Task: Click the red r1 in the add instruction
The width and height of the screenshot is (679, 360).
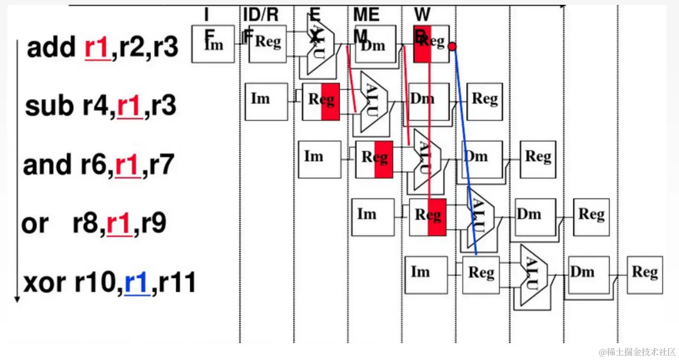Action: pyautogui.click(x=97, y=48)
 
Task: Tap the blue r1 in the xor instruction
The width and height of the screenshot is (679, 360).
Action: pyautogui.click(x=137, y=282)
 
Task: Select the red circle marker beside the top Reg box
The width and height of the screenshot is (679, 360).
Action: pyautogui.click(x=452, y=46)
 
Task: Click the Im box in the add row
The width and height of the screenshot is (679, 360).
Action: pyautogui.click(x=213, y=44)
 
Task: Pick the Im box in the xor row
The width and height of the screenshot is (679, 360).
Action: pyautogui.click(x=426, y=275)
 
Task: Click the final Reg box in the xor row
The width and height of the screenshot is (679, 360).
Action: pyautogui.click(x=645, y=275)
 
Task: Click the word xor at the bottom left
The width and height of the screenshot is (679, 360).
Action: pyautogui.click(x=45, y=283)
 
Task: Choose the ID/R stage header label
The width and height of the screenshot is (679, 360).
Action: pyautogui.click(x=261, y=15)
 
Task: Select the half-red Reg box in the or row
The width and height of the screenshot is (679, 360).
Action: pyautogui.click(x=428, y=217)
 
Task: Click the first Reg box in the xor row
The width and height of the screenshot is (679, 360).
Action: pyautogui.click(x=481, y=275)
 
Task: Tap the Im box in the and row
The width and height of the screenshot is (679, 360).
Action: pyautogui.click(x=319, y=159)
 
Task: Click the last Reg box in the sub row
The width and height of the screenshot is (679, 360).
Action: pyautogui.click(x=485, y=101)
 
